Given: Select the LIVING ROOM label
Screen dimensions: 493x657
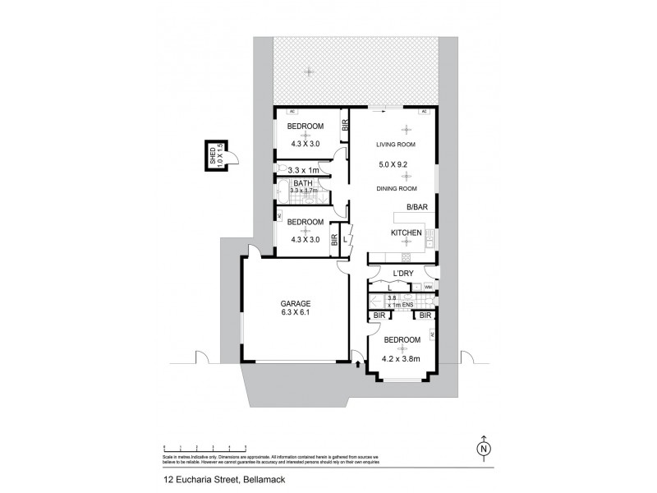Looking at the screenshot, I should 395,145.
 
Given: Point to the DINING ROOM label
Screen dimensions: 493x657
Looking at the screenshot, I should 395,189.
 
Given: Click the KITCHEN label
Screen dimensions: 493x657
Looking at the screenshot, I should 407,233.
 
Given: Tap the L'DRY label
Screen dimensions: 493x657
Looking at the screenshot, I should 402,273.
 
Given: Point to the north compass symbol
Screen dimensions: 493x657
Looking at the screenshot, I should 484,447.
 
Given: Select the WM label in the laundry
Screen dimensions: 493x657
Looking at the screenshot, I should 428,287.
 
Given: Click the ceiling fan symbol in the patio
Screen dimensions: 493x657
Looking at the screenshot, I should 309,71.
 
